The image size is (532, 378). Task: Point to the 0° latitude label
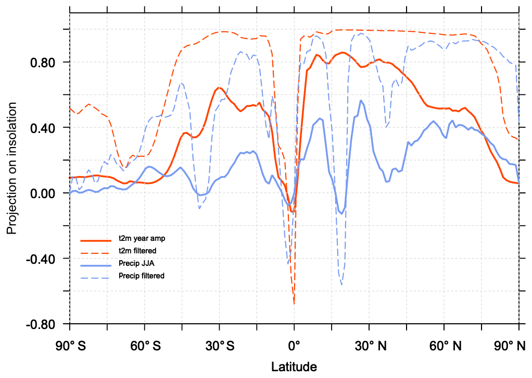[294, 346]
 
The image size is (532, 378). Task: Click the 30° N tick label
[369, 346]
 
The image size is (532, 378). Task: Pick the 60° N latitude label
[444, 346]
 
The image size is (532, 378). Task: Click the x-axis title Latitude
[294, 367]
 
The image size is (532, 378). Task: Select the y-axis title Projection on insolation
[11, 167]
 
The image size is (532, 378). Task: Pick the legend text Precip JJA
[137, 263]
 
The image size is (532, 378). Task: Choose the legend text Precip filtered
[142, 276]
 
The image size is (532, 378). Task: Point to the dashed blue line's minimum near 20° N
[341, 284]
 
